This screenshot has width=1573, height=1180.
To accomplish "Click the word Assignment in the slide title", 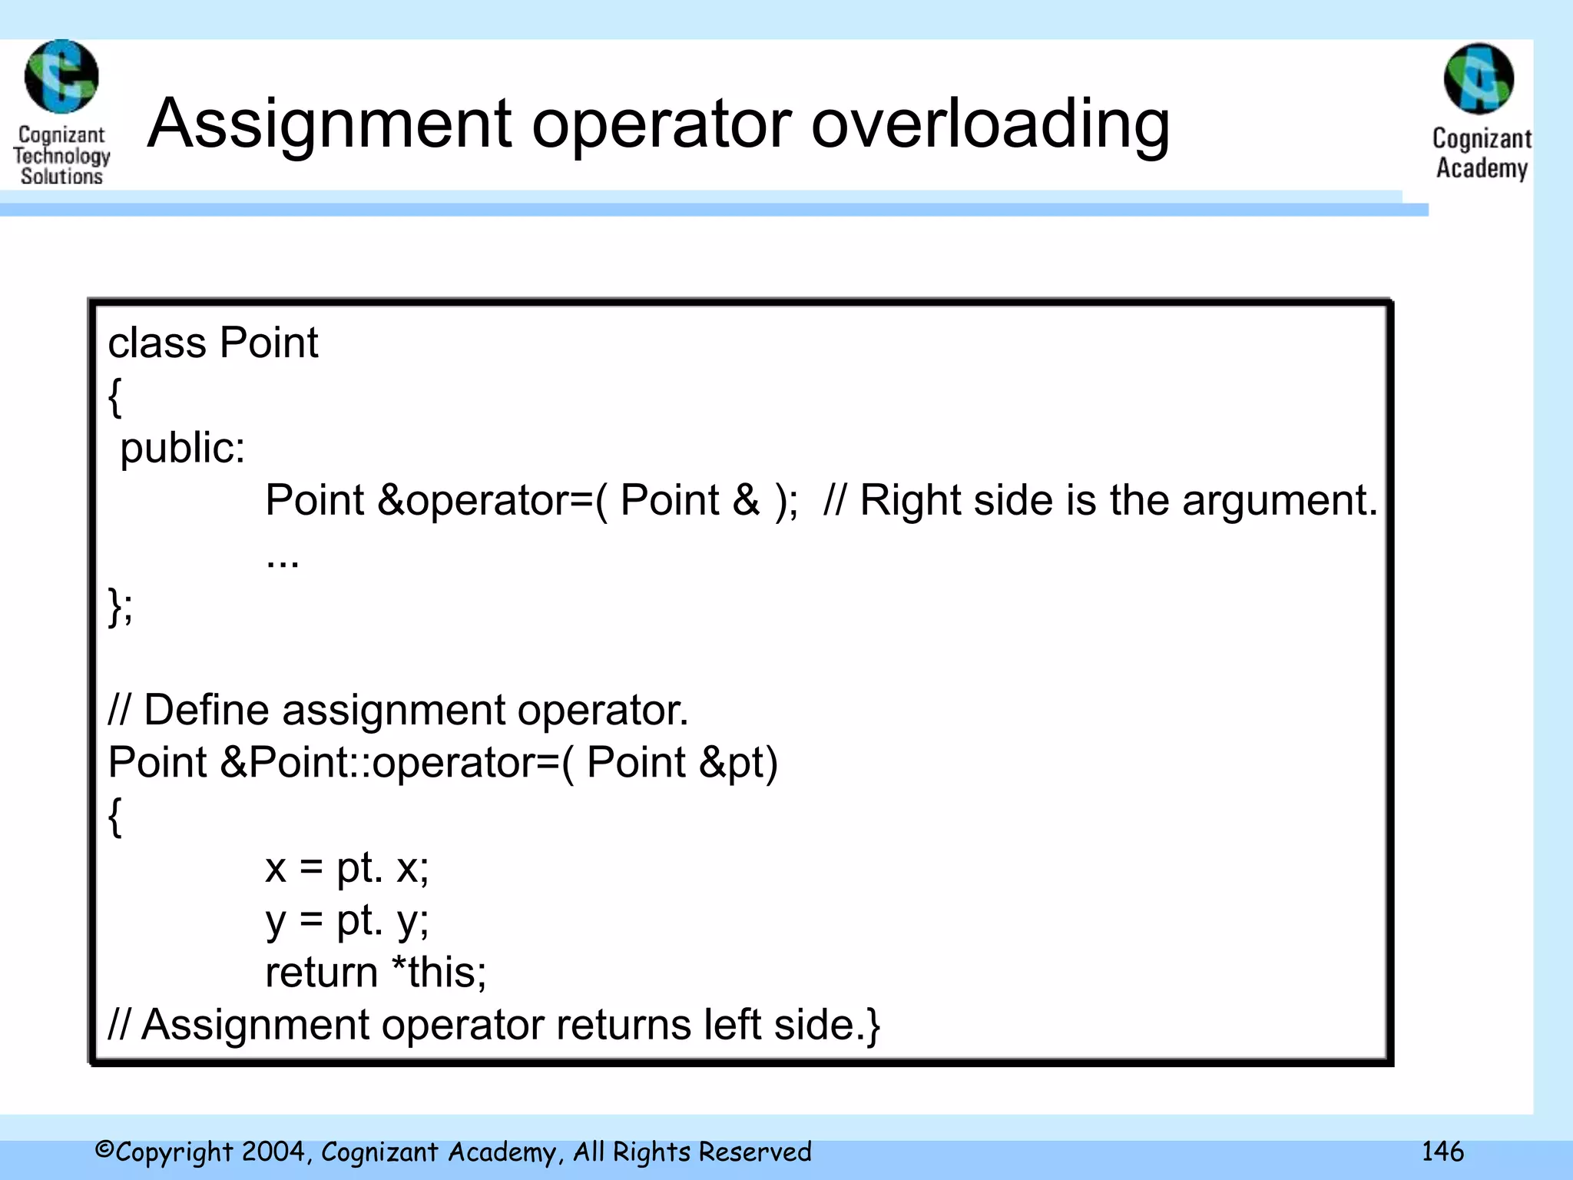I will [330, 124].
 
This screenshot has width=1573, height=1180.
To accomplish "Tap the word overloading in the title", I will [990, 124].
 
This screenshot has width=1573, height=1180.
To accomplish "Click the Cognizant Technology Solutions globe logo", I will [61, 76].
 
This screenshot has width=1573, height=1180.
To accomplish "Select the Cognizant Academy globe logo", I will [1479, 78].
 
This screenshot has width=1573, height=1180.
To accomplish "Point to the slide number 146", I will [1442, 1151].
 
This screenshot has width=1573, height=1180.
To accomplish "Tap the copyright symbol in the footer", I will [104, 1150].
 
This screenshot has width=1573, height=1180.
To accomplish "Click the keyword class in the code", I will [157, 343].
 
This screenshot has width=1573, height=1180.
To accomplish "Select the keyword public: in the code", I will [183, 448].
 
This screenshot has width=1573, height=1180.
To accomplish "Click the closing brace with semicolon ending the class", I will [121, 606].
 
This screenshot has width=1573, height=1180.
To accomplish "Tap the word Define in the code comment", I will [207, 710].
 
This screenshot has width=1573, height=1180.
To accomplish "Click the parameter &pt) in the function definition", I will [738, 763].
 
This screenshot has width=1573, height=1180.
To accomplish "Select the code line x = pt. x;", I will [346, 868].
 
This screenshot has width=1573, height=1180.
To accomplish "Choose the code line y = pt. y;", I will [346, 920].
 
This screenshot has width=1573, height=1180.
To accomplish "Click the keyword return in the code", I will [321, 973].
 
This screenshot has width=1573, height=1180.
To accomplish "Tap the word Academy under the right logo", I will [1482, 167].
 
